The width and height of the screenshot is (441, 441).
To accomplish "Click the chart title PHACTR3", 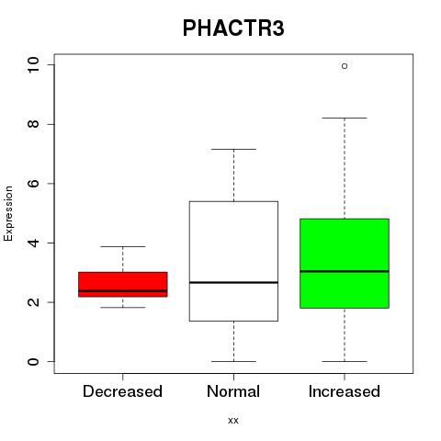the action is (233, 28).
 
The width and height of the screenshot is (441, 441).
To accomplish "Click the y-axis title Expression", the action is (8, 213).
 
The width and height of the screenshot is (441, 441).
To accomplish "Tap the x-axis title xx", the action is (233, 420).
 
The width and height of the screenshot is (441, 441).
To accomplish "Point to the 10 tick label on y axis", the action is (33, 65).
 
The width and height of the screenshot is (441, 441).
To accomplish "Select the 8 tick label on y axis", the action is (33, 124).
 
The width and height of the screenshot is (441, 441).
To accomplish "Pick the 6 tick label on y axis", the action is (33, 184).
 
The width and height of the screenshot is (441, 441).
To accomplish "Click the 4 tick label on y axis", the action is (33, 243).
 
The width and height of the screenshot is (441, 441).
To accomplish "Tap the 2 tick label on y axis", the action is (33, 302).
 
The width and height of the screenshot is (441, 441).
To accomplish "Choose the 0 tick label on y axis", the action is (33, 361).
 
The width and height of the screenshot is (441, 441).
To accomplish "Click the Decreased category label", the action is (122, 391).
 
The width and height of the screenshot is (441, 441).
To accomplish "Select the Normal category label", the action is (233, 391).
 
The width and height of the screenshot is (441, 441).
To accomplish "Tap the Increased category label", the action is (345, 391).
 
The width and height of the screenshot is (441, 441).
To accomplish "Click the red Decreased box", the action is (123, 284).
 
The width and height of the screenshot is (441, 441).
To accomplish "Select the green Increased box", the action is (345, 264).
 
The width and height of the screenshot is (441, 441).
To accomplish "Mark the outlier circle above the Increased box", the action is (345, 66).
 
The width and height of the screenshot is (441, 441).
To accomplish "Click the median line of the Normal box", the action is (233, 282).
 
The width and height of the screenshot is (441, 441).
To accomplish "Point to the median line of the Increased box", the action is (345, 271).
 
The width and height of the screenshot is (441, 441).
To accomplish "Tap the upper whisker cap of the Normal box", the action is (233, 149).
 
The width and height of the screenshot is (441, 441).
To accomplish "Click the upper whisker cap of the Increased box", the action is (345, 118).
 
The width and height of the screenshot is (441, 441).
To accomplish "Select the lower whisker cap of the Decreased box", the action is (123, 307).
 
